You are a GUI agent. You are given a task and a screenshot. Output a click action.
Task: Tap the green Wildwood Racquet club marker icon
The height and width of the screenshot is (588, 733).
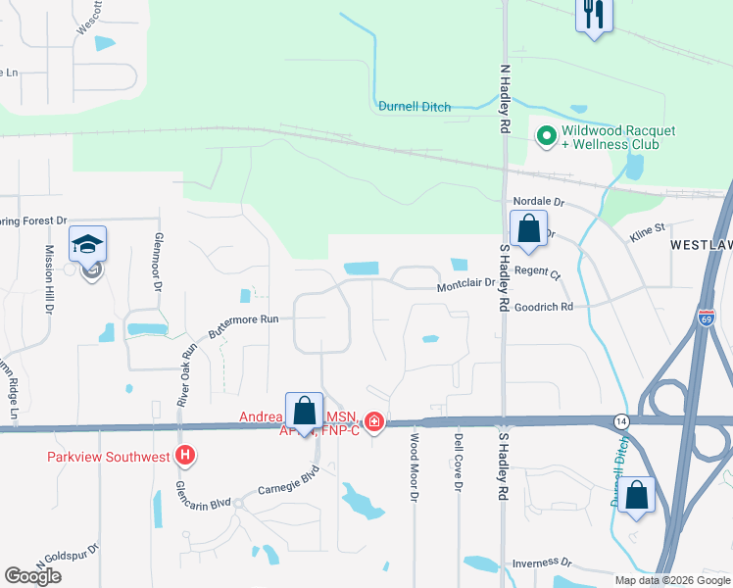pyautogui.click(x=546, y=135)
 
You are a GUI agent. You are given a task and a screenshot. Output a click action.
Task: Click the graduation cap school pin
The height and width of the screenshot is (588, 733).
pyautogui.click(x=88, y=244)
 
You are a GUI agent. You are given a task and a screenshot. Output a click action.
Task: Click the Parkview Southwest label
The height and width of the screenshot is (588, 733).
pyautogui.click(x=108, y=456)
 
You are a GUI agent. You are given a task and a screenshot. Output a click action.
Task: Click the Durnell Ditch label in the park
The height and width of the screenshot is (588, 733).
pyautogui.click(x=415, y=107)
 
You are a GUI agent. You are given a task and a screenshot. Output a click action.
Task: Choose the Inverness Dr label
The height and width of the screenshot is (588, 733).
pyautogui.click(x=542, y=563)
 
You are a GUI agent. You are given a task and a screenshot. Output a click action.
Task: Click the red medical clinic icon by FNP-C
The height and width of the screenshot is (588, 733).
pyautogui.click(x=373, y=422)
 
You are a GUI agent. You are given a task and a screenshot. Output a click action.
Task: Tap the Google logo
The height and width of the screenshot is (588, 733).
pyautogui.click(x=32, y=576)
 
